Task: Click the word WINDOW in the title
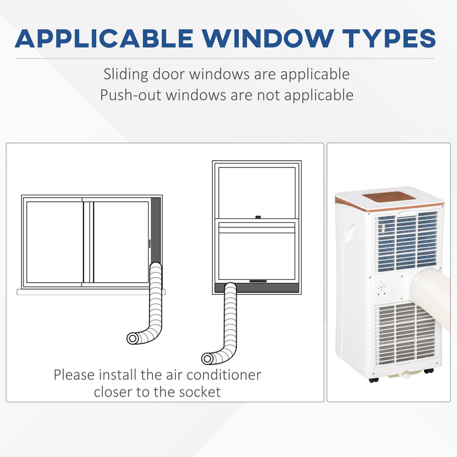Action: (267, 38)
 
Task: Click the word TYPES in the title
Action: (389, 38)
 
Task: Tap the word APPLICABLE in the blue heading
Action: (104, 38)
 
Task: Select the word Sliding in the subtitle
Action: (126, 74)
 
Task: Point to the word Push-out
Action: (130, 95)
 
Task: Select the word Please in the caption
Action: (74, 375)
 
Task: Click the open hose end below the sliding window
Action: (133, 338)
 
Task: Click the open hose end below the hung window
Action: (207, 358)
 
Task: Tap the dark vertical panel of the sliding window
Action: (155, 230)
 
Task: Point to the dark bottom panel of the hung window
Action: (256, 288)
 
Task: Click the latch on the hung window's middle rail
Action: (258, 217)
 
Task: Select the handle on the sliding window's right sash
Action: (150, 244)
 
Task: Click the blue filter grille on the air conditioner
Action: (406, 242)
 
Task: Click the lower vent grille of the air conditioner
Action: (406, 334)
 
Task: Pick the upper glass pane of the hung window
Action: (256, 192)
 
